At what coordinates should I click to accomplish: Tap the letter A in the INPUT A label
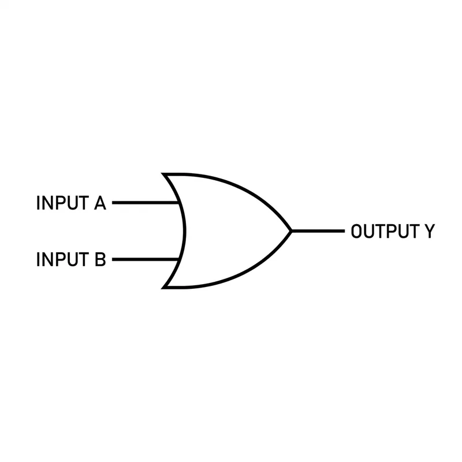(99, 203)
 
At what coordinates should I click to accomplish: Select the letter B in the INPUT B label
(100, 259)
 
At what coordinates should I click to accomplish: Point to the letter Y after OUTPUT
(429, 232)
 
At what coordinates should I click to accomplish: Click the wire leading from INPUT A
(144, 203)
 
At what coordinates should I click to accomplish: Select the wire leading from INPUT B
(144, 259)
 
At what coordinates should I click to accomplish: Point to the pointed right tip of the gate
(290, 231)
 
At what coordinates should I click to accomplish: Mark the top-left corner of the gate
(164, 174)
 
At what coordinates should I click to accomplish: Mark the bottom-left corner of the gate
(164, 287)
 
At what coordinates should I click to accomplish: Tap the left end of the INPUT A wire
(113, 203)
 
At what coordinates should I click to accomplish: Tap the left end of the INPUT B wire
(113, 259)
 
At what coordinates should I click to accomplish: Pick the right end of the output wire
(342, 231)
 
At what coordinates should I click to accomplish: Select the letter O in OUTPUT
(357, 232)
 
